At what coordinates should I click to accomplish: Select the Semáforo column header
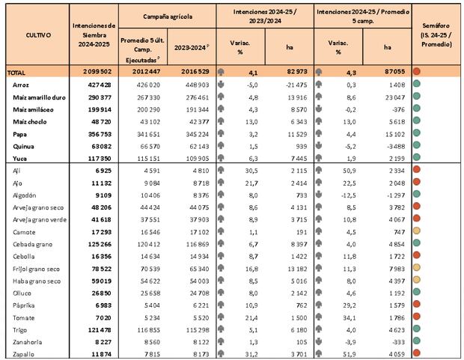[x=436, y=35]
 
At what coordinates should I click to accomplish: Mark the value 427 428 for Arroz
[x=97, y=86]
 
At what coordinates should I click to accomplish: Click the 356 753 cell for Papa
[x=97, y=135]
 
